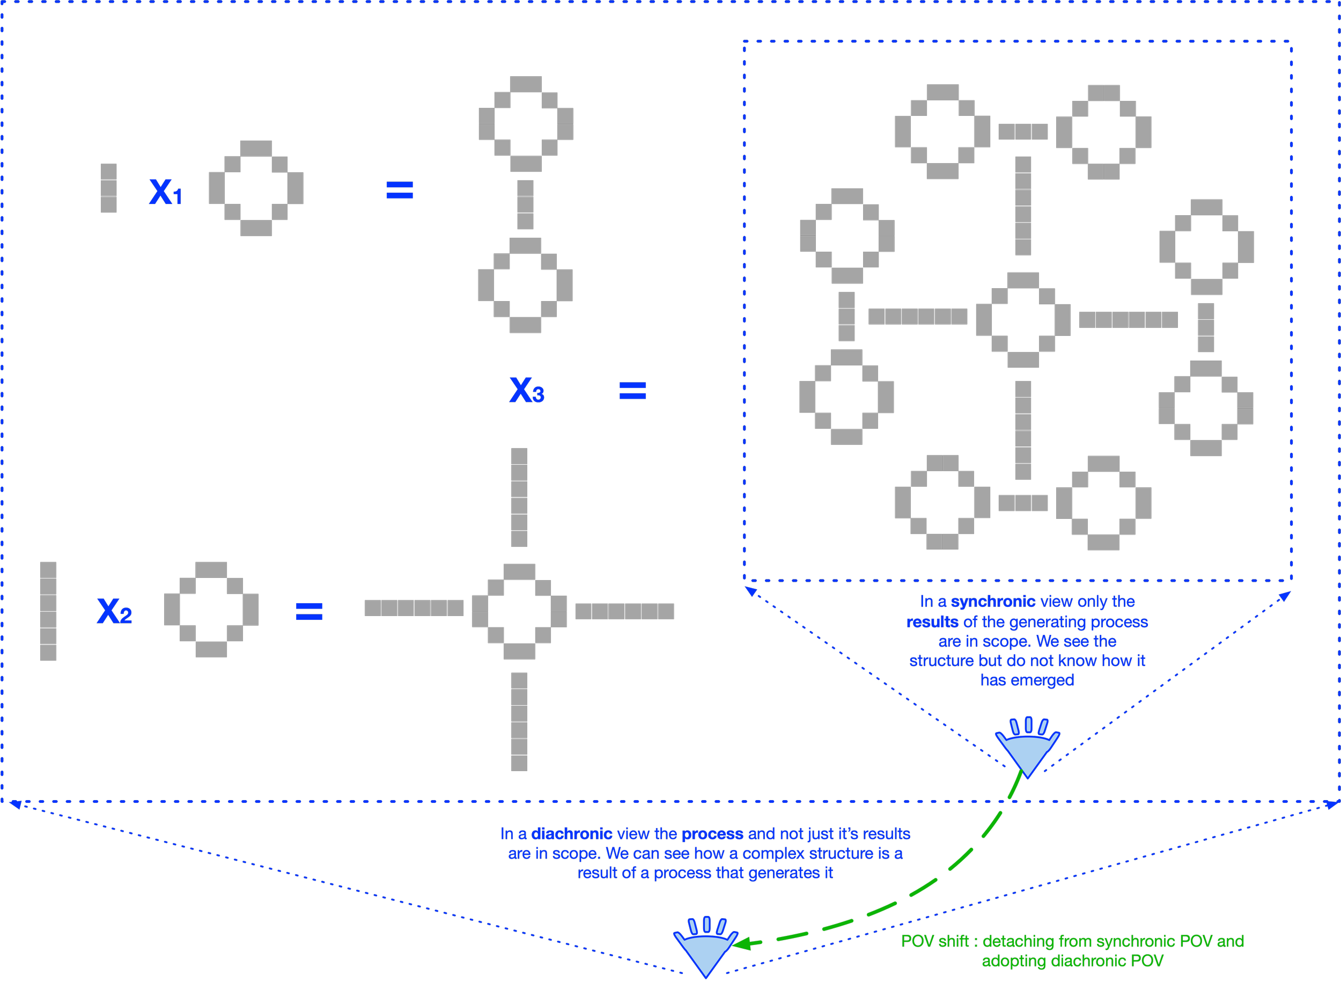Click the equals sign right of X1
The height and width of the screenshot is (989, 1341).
pos(400,191)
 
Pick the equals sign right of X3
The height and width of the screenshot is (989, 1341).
pos(632,391)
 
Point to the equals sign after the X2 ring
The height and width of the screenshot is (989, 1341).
pos(310,611)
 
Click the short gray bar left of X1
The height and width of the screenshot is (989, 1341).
pos(108,188)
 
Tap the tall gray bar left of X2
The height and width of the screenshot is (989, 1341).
pos(48,611)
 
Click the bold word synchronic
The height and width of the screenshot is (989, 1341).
pos(993,602)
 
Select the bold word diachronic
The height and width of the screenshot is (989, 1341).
pos(571,834)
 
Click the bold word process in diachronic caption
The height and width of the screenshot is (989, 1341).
pos(712,834)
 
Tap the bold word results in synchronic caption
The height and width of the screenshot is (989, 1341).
pos(932,622)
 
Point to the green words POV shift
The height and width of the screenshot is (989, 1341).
pos(934,942)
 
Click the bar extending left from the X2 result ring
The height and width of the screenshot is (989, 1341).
pos(414,608)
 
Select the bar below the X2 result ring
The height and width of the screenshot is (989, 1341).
pos(519,722)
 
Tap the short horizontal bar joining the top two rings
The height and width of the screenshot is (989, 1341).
pos(1023,131)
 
